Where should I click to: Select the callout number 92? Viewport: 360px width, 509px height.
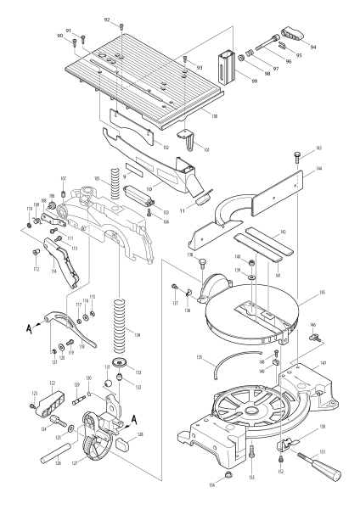tap(107, 19)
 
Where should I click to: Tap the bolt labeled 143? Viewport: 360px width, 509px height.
tap(295, 154)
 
